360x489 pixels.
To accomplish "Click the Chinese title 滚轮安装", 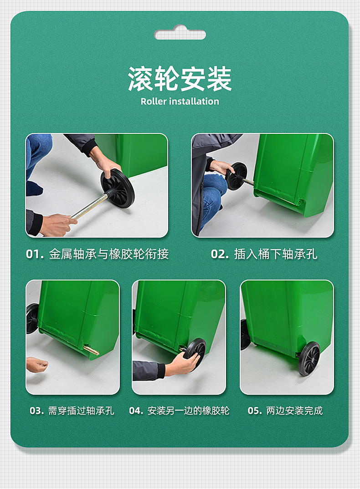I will click(x=180, y=79).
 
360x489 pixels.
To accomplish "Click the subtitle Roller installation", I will click(x=180, y=102).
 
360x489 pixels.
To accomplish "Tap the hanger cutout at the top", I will click(x=180, y=34).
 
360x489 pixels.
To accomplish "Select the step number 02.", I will click(x=220, y=254).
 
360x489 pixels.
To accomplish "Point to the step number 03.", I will click(x=36, y=411).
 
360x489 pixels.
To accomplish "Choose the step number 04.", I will click(x=136, y=411).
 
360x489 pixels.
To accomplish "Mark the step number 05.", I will click(x=255, y=411).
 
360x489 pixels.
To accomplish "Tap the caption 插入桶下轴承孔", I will click(x=275, y=254).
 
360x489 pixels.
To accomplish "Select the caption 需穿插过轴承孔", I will click(x=81, y=411).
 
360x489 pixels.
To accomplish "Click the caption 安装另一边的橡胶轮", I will click(x=188, y=411).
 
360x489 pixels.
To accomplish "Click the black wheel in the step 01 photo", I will click(x=118, y=188).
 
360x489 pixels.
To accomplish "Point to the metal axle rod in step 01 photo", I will click(x=89, y=208).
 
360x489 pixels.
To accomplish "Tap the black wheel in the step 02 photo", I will click(x=237, y=176).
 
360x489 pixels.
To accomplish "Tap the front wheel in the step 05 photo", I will click(x=309, y=358).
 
